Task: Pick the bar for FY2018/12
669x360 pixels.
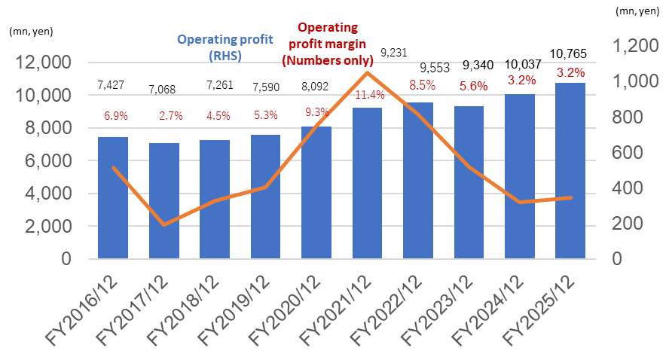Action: pyautogui.click(x=214, y=200)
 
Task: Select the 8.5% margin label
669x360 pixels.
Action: pyautogui.click(x=418, y=85)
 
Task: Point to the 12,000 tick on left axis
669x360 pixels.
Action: pyautogui.click(x=46, y=63)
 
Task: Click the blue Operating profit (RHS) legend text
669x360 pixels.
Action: pyautogui.click(x=209, y=47)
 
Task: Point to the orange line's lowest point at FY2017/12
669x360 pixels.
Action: pyautogui.click(x=163, y=224)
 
